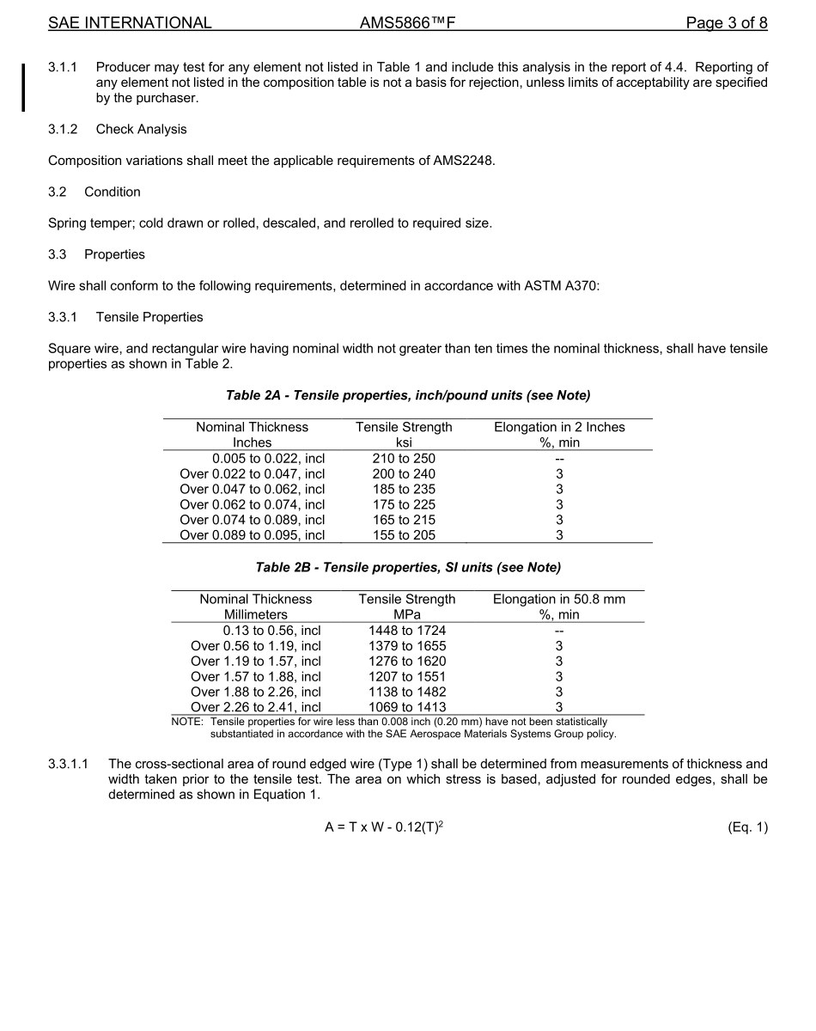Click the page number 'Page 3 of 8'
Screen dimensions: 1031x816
click(x=726, y=23)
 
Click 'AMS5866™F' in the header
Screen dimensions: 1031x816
click(x=407, y=23)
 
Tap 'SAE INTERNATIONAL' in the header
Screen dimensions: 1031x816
click(x=130, y=23)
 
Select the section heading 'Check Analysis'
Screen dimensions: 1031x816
click(x=141, y=130)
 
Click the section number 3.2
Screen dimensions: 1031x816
click(x=58, y=192)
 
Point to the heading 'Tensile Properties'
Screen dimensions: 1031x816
click(x=149, y=317)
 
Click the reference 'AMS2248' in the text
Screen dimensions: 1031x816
click(x=464, y=161)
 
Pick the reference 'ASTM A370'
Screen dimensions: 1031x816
click(x=564, y=286)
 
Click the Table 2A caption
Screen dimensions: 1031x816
click(x=408, y=395)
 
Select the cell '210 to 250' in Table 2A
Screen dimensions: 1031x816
click(x=404, y=458)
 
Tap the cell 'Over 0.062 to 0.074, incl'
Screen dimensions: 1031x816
click(x=252, y=504)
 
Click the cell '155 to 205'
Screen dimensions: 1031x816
click(x=404, y=535)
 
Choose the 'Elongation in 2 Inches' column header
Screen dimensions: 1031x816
click(x=559, y=427)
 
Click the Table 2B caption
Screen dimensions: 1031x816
click(x=408, y=567)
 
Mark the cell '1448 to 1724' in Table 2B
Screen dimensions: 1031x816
click(x=407, y=630)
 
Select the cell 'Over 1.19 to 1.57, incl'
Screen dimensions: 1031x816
click(x=256, y=661)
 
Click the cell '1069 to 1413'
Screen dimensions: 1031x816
click(x=407, y=707)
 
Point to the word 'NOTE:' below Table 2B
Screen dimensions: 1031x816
click(x=187, y=722)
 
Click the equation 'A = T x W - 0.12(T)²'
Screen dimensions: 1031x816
click(x=384, y=827)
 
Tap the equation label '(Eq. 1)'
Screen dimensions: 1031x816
click(x=746, y=827)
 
